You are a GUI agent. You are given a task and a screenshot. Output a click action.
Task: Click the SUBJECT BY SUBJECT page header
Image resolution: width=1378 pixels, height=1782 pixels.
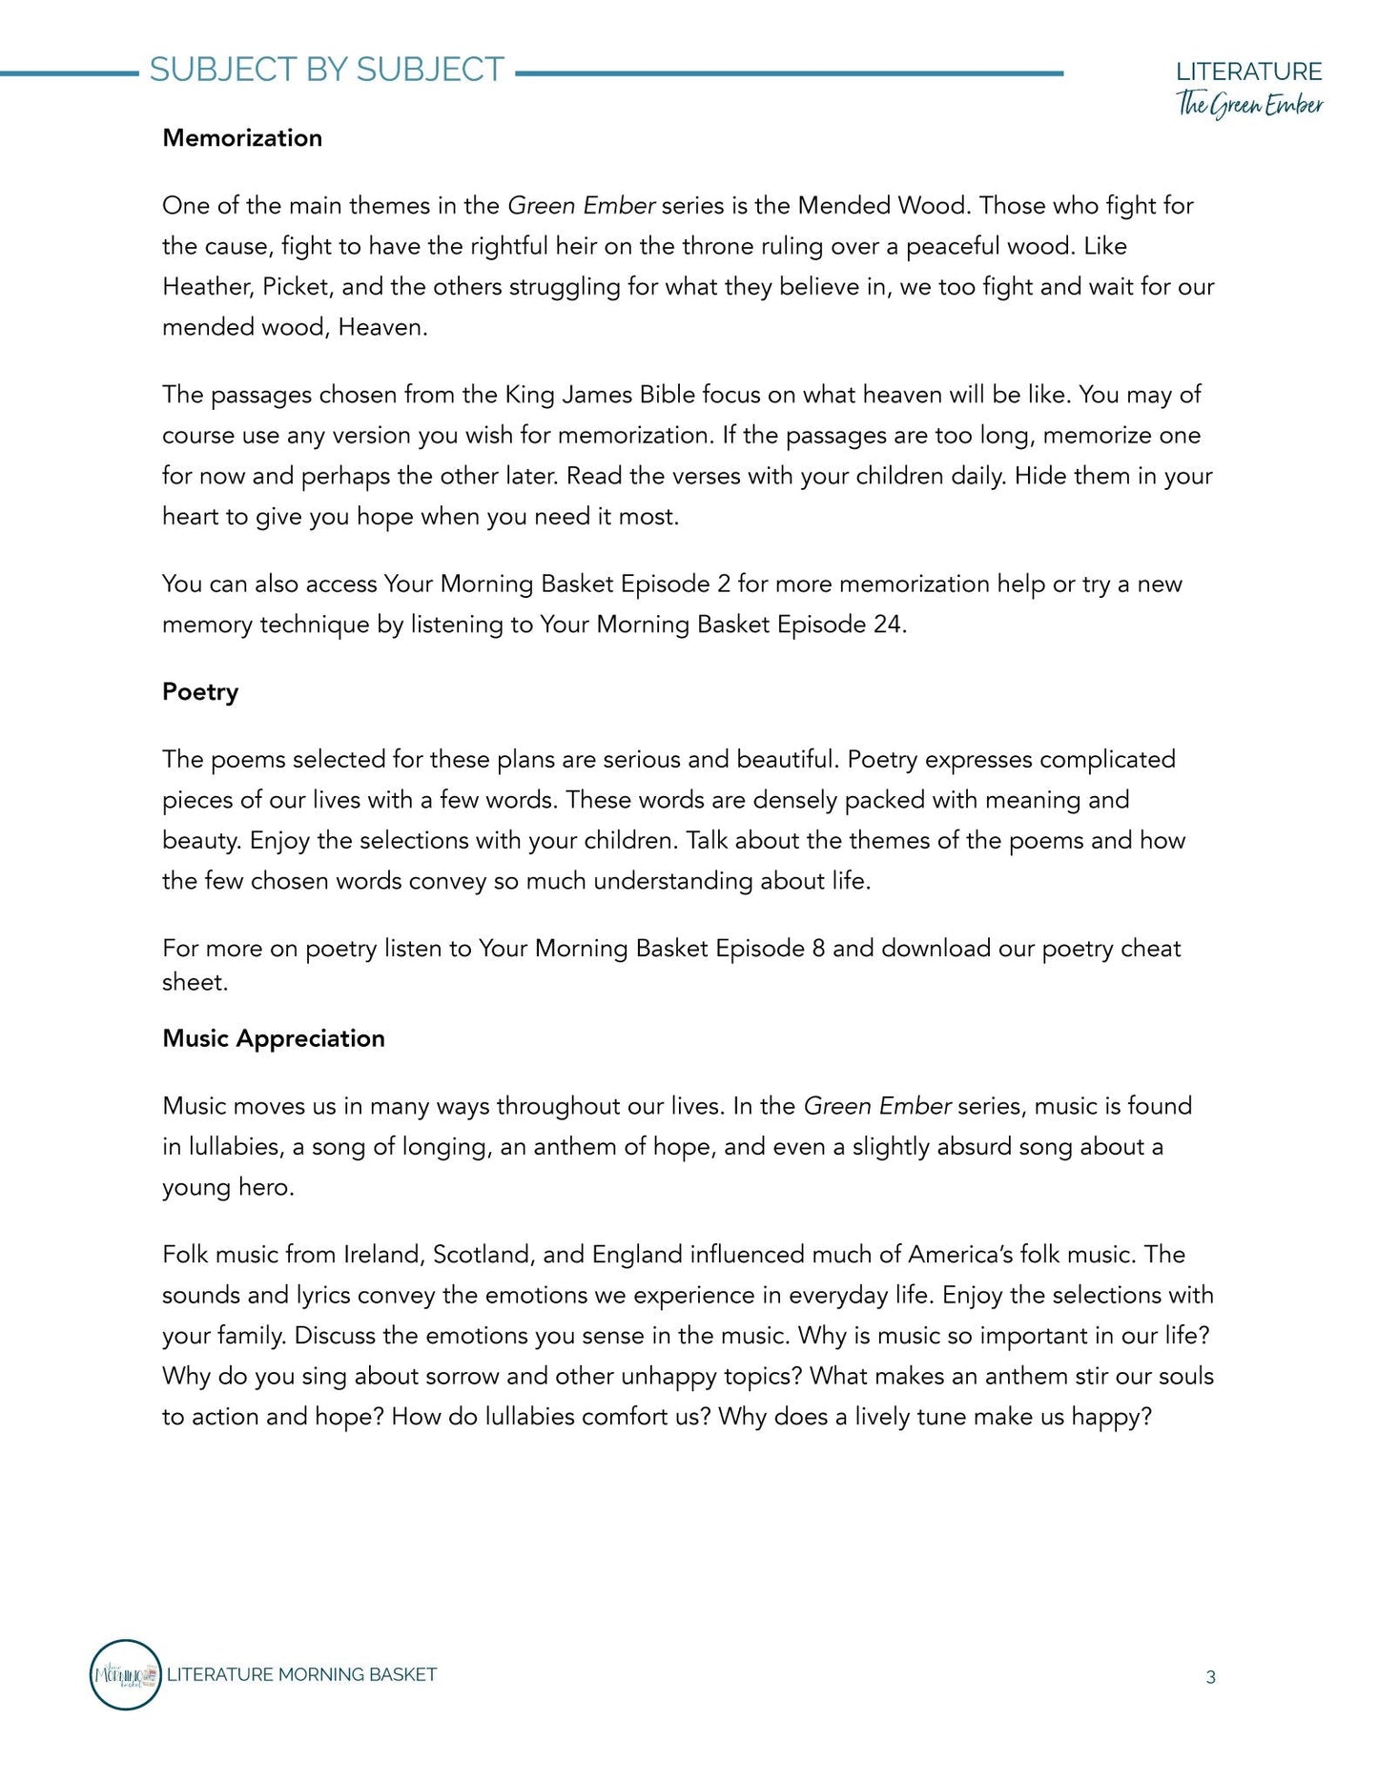326,70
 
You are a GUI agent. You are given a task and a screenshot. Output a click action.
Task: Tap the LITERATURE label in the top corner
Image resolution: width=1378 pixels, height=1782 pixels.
1248,72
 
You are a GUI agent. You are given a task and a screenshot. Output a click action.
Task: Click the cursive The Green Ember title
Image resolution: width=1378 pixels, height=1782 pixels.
1249,104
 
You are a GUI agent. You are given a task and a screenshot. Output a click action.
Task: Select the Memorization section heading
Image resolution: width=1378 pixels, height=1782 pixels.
242,138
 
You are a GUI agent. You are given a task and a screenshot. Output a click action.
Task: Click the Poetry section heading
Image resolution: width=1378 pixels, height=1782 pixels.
200,692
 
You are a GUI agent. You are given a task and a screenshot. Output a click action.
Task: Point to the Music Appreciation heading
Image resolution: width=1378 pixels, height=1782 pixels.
274,1038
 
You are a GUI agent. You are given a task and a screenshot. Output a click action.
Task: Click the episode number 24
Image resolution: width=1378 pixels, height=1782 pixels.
887,625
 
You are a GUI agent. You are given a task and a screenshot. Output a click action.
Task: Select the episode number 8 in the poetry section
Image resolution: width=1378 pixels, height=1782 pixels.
818,949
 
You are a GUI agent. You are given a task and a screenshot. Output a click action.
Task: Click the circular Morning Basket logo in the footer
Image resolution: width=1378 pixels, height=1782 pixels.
125,1675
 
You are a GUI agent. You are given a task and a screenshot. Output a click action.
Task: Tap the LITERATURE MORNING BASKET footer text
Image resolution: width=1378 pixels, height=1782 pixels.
301,1675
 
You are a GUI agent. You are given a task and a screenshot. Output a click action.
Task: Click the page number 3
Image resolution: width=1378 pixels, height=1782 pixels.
1210,1678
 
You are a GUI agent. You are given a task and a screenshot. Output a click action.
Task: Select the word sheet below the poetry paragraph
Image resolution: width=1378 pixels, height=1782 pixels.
194,983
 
